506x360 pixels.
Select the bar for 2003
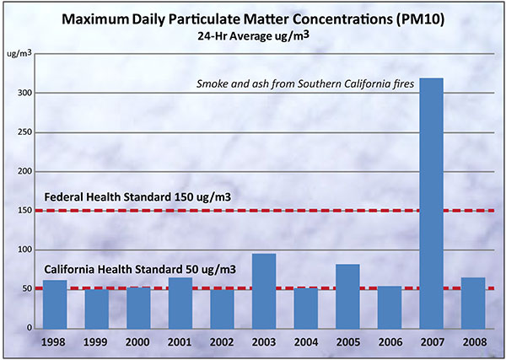263,291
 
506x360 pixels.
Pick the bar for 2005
347,296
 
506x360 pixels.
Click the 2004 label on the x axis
305,343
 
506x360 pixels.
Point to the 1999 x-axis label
96,343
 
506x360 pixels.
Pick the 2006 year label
389,343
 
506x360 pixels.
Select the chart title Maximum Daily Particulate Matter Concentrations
253,19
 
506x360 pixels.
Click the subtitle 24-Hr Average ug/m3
253,36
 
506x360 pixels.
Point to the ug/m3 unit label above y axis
19,53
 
